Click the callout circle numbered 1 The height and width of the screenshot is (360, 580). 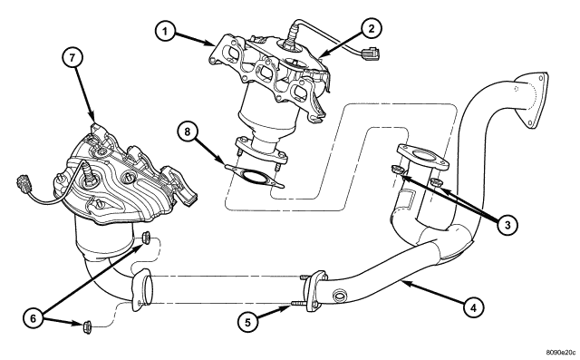coord(164,33)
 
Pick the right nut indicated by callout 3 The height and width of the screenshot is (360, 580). coord(436,186)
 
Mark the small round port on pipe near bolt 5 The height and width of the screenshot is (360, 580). coord(341,295)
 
